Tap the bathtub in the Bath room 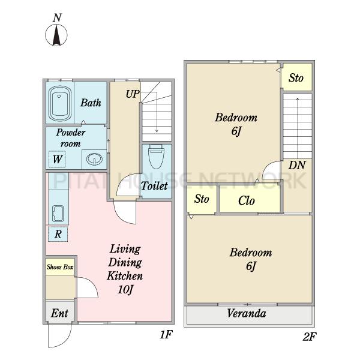pos(59,104)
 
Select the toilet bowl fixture pos(157,157)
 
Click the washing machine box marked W pos(57,159)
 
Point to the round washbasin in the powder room pos(94,159)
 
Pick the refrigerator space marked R pos(58,234)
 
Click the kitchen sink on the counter pos(58,214)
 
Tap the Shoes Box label pos(60,267)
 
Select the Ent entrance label pos(59,313)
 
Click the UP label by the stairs pos(133,94)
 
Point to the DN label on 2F pos(297,165)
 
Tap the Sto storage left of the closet pos(202,199)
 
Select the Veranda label pos(247,313)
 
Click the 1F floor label pos(166,335)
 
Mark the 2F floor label pos(310,337)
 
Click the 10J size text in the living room pos(125,290)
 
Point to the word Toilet pos(154,186)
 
